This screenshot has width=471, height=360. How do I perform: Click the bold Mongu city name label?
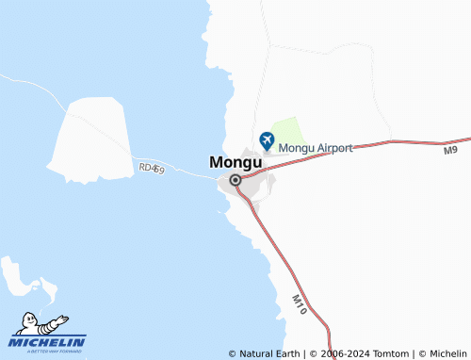(x=230, y=161)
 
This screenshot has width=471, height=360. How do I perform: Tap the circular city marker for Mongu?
(x=235, y=179)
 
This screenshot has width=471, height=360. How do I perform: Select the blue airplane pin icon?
(x=267, y=140)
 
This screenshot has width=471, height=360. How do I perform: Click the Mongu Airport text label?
(x=316, y=148)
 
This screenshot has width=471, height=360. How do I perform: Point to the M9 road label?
(x=449, y=150)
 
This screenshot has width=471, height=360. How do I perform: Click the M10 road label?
(x=299, y=303)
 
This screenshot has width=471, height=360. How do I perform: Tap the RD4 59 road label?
(x=151, y=168)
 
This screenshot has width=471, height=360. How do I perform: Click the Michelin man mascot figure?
(x=42, y=322)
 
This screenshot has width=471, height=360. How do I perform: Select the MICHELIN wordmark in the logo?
(x=48, y=341)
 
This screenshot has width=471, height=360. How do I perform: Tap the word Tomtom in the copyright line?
(x=391, y=353)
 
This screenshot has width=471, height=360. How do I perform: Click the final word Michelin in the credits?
(x=447, y=353)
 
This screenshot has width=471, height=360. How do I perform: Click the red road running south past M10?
(x=283, y=264)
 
